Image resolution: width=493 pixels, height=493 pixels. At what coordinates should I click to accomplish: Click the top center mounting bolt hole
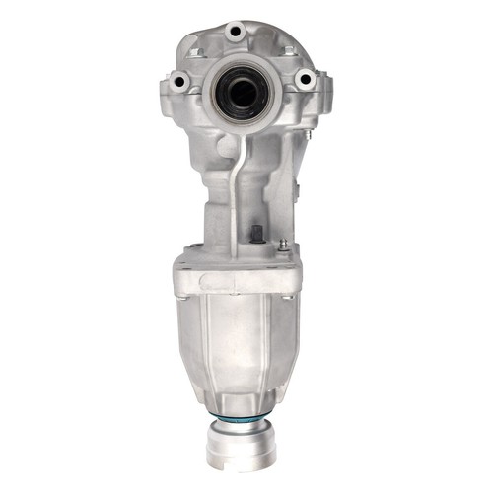[235, 33]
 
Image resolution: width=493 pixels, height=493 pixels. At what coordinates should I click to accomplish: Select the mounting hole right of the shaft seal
[304, 77]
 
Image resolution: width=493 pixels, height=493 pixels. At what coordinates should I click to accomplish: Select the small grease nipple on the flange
[283, 246]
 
